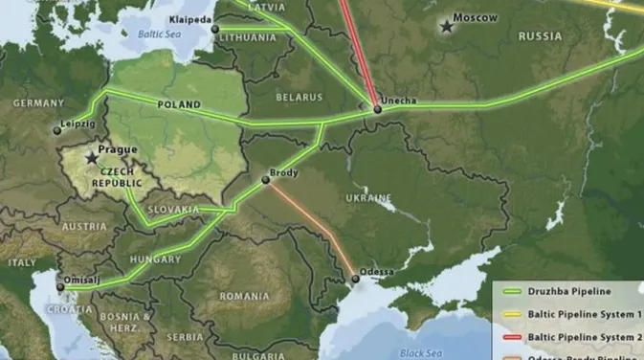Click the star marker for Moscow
[447, 27]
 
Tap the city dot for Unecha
[378, 109]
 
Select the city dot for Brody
[266, 179]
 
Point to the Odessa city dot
[355, 279]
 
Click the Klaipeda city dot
[215, 29]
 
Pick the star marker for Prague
[92, 157]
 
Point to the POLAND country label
[179, 104]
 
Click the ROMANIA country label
[244, 297]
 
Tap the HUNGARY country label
[154, 259]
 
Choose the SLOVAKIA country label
[173, 209]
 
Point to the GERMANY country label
[37, 102]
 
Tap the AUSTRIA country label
[84, 227]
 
